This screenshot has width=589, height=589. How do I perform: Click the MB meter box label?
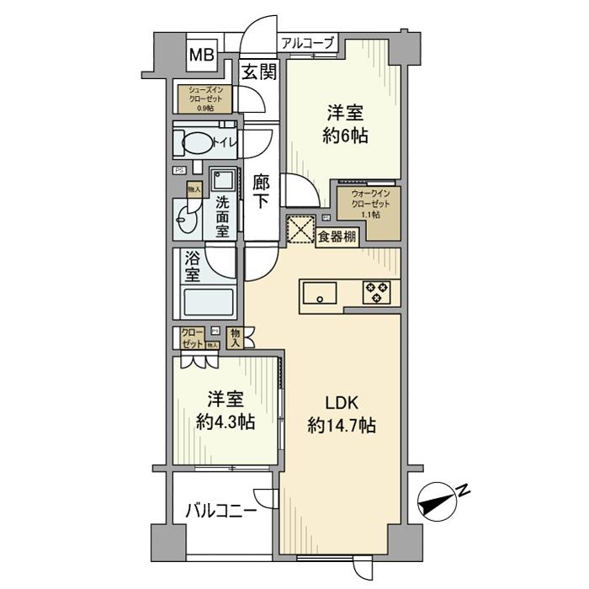[x=201, y=56]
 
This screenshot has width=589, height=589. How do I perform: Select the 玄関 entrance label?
[x=259, y=73]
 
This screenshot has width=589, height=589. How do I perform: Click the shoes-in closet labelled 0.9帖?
[x=204, y=98]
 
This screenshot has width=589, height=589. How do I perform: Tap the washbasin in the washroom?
[x=185, y=224]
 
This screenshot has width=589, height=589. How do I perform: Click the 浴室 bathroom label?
[x=192, y=266]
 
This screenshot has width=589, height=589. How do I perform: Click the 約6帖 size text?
[x=345, y=137]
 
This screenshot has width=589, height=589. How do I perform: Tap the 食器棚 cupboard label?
[x=337, y=237]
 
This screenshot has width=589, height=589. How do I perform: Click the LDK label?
[x=341, y=402]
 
